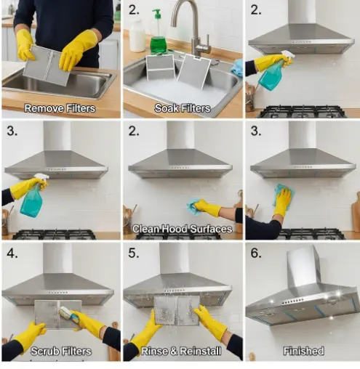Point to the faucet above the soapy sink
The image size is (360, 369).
pyautogui.click(x=191, y=28)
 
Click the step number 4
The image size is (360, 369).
pyautogui.click(x=12, y=254)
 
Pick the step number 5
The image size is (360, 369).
pyautogui.click(x=134, y=253)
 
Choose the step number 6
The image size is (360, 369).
pyautogui.click(x=256, y=253)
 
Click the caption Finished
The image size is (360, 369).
pyautogui.click(x=304, y=351)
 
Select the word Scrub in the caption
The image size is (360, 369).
pyautogui.click(x=45, y=351)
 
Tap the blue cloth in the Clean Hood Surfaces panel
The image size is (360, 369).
pyautogui.click(x=194, y=206)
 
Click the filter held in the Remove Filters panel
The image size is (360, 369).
pyautogui.click(x=46, y=65)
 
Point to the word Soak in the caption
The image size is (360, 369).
pyautogui.click(x=166, y=108)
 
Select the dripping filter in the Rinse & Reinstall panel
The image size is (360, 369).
pyautogui.click(x=177, y=310)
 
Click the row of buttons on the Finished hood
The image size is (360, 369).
pyautogui.click(x=293, y=301)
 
